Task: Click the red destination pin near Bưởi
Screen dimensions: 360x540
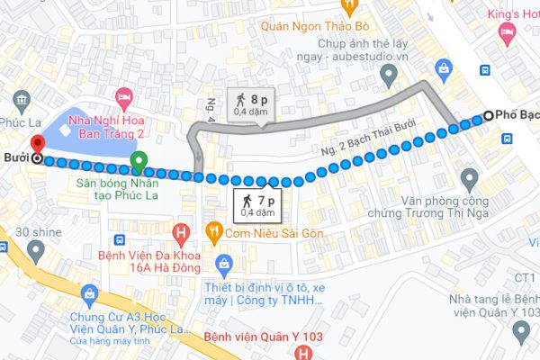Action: tap(37, 144)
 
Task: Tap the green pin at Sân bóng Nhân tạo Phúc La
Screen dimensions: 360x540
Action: tap(139, 162)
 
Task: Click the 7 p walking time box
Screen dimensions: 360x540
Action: tap(255, 205)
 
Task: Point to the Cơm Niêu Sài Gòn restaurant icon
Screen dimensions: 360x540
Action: tap(214, 230)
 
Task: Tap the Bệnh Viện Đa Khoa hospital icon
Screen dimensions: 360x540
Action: tap(182, 236)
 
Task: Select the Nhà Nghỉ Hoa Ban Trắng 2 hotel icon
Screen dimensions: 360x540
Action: tap(125, 95)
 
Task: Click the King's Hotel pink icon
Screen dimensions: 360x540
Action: tap(508, 33)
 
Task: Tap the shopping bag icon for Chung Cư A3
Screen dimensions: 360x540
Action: tap(89, 293)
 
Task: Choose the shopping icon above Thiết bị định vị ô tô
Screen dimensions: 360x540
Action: tap(226, 264)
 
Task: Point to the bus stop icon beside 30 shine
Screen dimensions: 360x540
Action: tap(120, 241)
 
